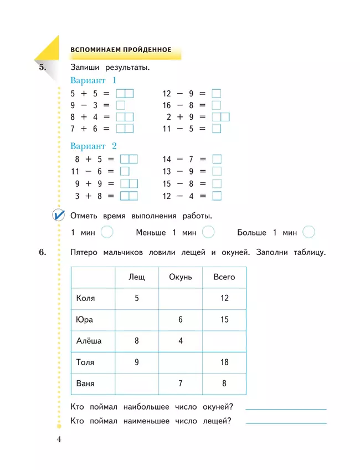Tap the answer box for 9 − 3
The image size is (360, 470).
pyautogui.click(x=120, y=105)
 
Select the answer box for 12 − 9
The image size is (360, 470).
pyautogui.click(x=216, y=93)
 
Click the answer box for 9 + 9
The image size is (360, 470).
pyautogui.click(x=128, y=183)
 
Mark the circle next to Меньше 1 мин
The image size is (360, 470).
pyautogui.click(x=208, y=232)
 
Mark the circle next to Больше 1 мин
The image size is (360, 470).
pyautogui.click(x=309, y=232)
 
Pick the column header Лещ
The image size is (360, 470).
pyautogui.click(x=136, y=277)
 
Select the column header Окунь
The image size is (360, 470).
pyautogui.click(x=180, y=277)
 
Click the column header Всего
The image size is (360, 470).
pyautogui.click(x=224, y=277)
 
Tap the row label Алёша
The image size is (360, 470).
pyautogui.click(x=89, y=341)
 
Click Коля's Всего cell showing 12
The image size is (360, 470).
pyautogui.click(x=224, y=298)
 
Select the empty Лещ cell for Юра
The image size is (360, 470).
pyautogui.click(x=136, y=320)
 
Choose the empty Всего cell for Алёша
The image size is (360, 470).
pyautogui.click(x=224, y=341)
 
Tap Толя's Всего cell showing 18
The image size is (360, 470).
pyautogui.click(x=224, y=362)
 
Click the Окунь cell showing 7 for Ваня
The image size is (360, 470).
pyautogui.click(x=180, y=384)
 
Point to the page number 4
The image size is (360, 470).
pyautogui.click(x=59, y=440)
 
